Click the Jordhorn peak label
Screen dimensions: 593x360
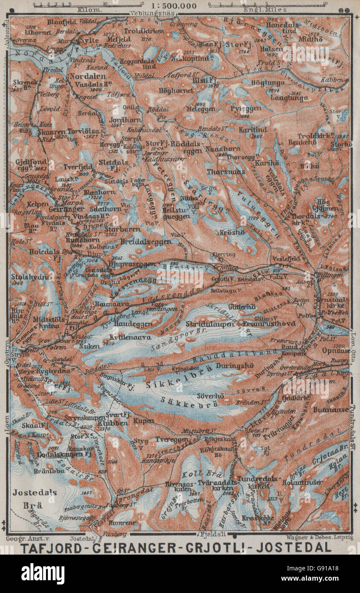click(x=122, y=120)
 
